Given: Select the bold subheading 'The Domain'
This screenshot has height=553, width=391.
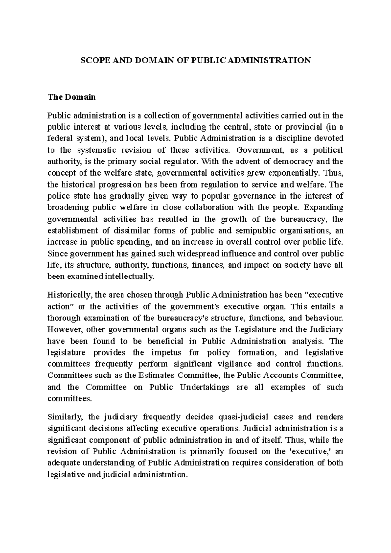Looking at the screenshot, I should (72, 97).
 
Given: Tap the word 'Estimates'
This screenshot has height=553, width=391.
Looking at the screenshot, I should (157, 375).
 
